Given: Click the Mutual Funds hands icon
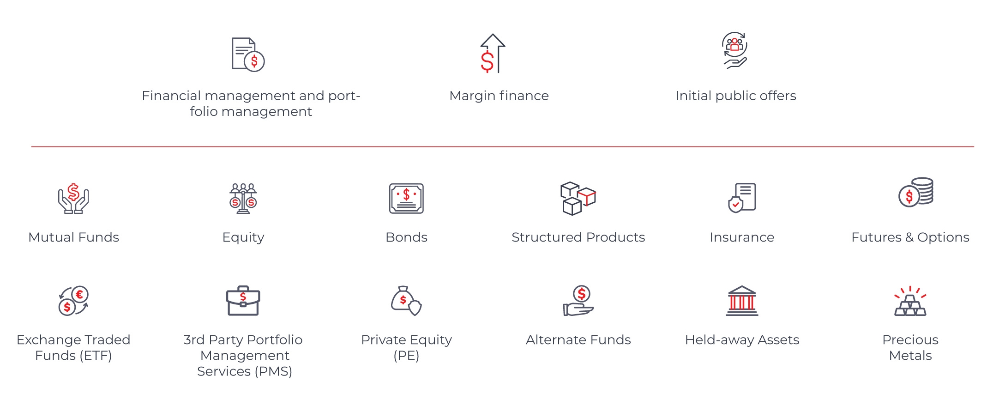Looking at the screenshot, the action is coord(73,199).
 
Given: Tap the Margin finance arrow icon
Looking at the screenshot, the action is coord(493,54).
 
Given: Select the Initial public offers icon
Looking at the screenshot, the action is coord(734,50).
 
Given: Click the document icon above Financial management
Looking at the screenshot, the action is coord(248,55).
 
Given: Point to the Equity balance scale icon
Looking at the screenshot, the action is coord(243,199).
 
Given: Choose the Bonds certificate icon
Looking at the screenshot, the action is coord(406,199).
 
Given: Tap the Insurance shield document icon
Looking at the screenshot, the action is coord(742,198).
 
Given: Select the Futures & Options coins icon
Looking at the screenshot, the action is coord(916,193).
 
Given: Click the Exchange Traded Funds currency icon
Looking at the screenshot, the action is coord(73,301).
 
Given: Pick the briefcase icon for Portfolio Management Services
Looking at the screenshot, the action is coord(243,301).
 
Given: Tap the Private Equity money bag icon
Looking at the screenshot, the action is coord(406,301).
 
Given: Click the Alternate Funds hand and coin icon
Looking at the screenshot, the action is coord(578,301).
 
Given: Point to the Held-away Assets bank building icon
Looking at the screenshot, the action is coord(742,301).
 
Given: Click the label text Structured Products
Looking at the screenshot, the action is coord(578,237).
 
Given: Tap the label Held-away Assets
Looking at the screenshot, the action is coord(742,340).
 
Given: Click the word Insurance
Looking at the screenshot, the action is coord(742,237).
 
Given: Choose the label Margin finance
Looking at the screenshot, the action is coord(499,96).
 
